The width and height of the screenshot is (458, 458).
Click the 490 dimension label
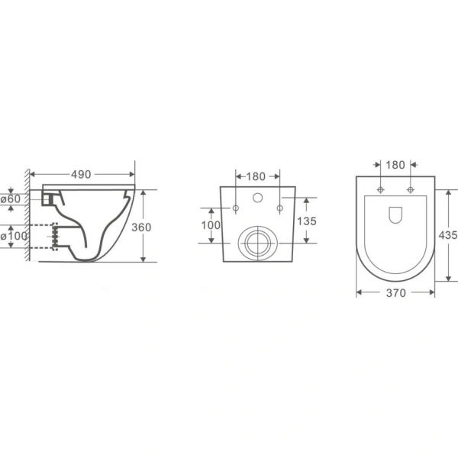pyautogui.click(x=81, y=174)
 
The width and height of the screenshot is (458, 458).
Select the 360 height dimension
pyautogui.click(x=141, y=227)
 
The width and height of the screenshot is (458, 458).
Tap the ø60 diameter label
pyautogui.click(x=11, y=199)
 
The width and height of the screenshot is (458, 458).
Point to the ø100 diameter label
pyautogui.click(x=14, y=236)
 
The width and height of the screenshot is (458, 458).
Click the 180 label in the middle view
pyautogui.click(x=256, y=176)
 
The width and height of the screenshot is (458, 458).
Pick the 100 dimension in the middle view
pyautogui.click(x=211, y=225)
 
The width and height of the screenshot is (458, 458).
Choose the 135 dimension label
pyautogui.click(x=307, y=221)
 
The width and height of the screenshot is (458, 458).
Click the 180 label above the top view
pyautogui.click(x=395, y=165)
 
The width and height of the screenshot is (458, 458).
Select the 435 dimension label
pyautogui.click(x=448, y=235)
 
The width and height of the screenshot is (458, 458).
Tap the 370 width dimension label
pyautogui.click(x=395, y=292)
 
